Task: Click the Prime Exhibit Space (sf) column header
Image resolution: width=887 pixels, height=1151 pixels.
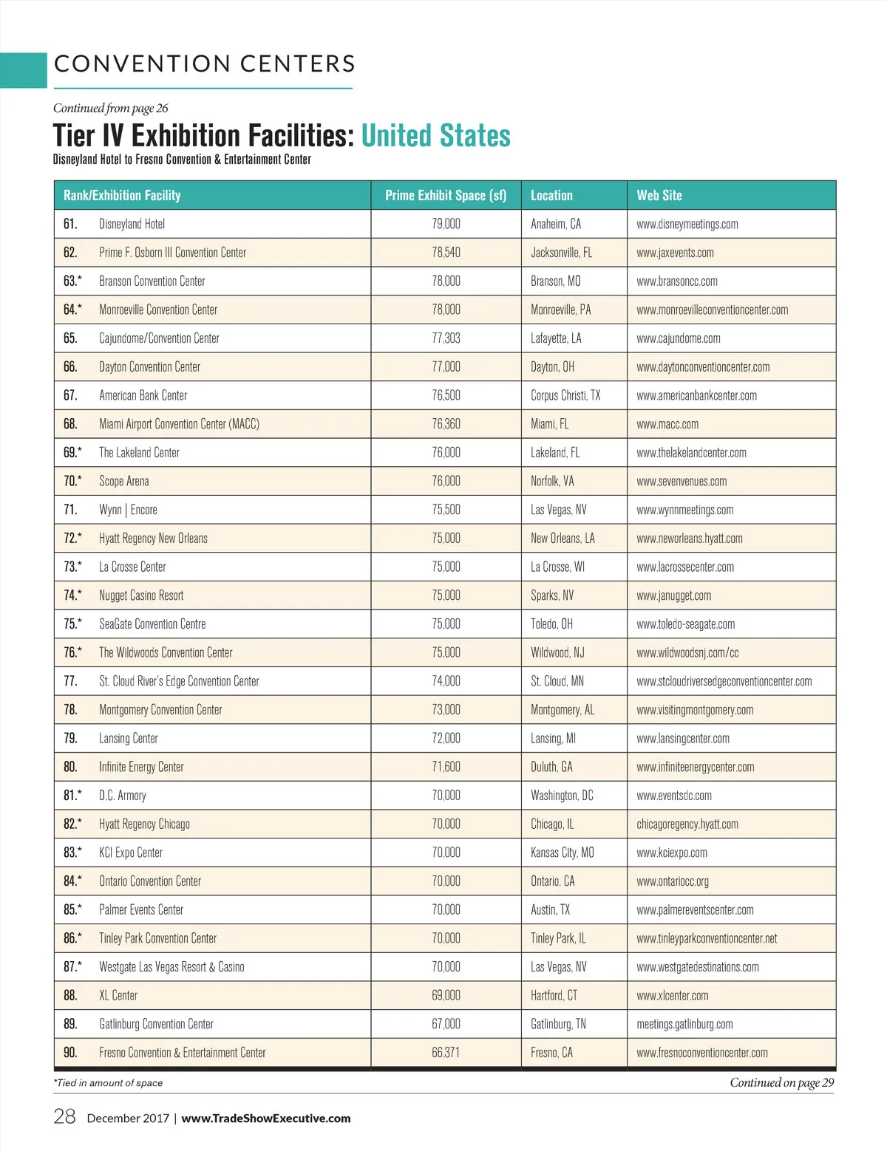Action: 446,196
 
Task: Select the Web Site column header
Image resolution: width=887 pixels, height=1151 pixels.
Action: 659,196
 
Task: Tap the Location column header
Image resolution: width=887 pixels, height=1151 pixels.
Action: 551,196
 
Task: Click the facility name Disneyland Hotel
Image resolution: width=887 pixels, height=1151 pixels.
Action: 132,224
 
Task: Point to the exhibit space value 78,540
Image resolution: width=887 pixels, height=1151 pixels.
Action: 446,253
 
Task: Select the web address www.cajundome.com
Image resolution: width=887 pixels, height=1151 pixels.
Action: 678,338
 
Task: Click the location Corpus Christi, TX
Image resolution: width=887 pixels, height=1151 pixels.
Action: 565,395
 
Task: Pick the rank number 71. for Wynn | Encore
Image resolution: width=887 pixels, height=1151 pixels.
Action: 70,510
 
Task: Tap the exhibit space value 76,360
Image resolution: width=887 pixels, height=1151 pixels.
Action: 446,424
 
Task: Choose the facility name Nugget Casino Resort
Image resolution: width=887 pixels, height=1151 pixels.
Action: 141,595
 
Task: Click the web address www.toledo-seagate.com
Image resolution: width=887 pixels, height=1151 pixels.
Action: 685,624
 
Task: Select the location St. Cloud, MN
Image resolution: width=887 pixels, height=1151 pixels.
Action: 557,681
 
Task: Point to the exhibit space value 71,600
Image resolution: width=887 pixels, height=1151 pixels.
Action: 446,767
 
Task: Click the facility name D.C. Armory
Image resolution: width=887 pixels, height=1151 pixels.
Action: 123,796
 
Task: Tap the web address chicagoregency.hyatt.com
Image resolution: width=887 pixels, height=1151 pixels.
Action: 687,824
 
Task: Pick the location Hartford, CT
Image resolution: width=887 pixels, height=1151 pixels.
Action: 554,996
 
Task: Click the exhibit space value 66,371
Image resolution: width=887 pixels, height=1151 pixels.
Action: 446,1053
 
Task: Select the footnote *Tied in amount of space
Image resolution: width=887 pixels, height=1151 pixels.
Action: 108,1083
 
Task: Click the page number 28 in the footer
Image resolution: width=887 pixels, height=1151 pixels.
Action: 64,1116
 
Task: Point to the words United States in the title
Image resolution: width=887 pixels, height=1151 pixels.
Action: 435,136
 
